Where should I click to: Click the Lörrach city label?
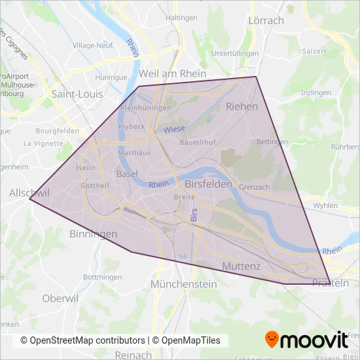(x=266, y=20)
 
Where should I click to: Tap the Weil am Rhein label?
(x=173, y=73)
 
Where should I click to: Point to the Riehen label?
(x=242, y=105)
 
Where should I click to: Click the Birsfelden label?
(x=209, y=185)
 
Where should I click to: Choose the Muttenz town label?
(x=242, y=266)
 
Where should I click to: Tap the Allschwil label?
(x=26, y=194)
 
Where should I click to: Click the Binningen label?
(x=93, y=234)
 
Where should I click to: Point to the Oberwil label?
(x=60, y=298)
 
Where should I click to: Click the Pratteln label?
(x=331, y=283)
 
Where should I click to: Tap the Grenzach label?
(x=255, y=187)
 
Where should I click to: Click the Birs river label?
(x=193, y=214)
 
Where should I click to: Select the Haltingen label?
(x=182, y=17)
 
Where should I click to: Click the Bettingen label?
(x=272, y=141)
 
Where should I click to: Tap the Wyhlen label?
(x=325, y=205)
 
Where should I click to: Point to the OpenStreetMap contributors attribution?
(x=82, y=340)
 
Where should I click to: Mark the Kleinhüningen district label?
(x=145, y=107)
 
